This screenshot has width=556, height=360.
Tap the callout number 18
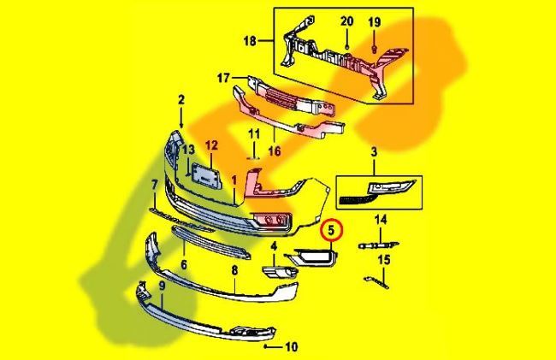click(x=251, y=40)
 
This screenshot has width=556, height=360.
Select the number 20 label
click(x=346, y=21)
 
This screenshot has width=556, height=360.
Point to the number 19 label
click(x=374, y=21)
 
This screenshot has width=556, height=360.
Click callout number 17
click(x=223, y=78)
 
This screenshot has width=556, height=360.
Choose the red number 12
click(x=211, y=147)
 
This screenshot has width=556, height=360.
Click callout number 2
click(x=181, y=100)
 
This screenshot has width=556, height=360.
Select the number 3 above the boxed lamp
click(x=374, y=151)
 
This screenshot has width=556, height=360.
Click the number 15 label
click(x=383, y=259)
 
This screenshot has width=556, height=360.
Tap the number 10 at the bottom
click(x=292, y=347)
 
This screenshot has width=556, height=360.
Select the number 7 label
click(x=154, y=185)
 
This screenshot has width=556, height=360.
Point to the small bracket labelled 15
click(x=374, y=280)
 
